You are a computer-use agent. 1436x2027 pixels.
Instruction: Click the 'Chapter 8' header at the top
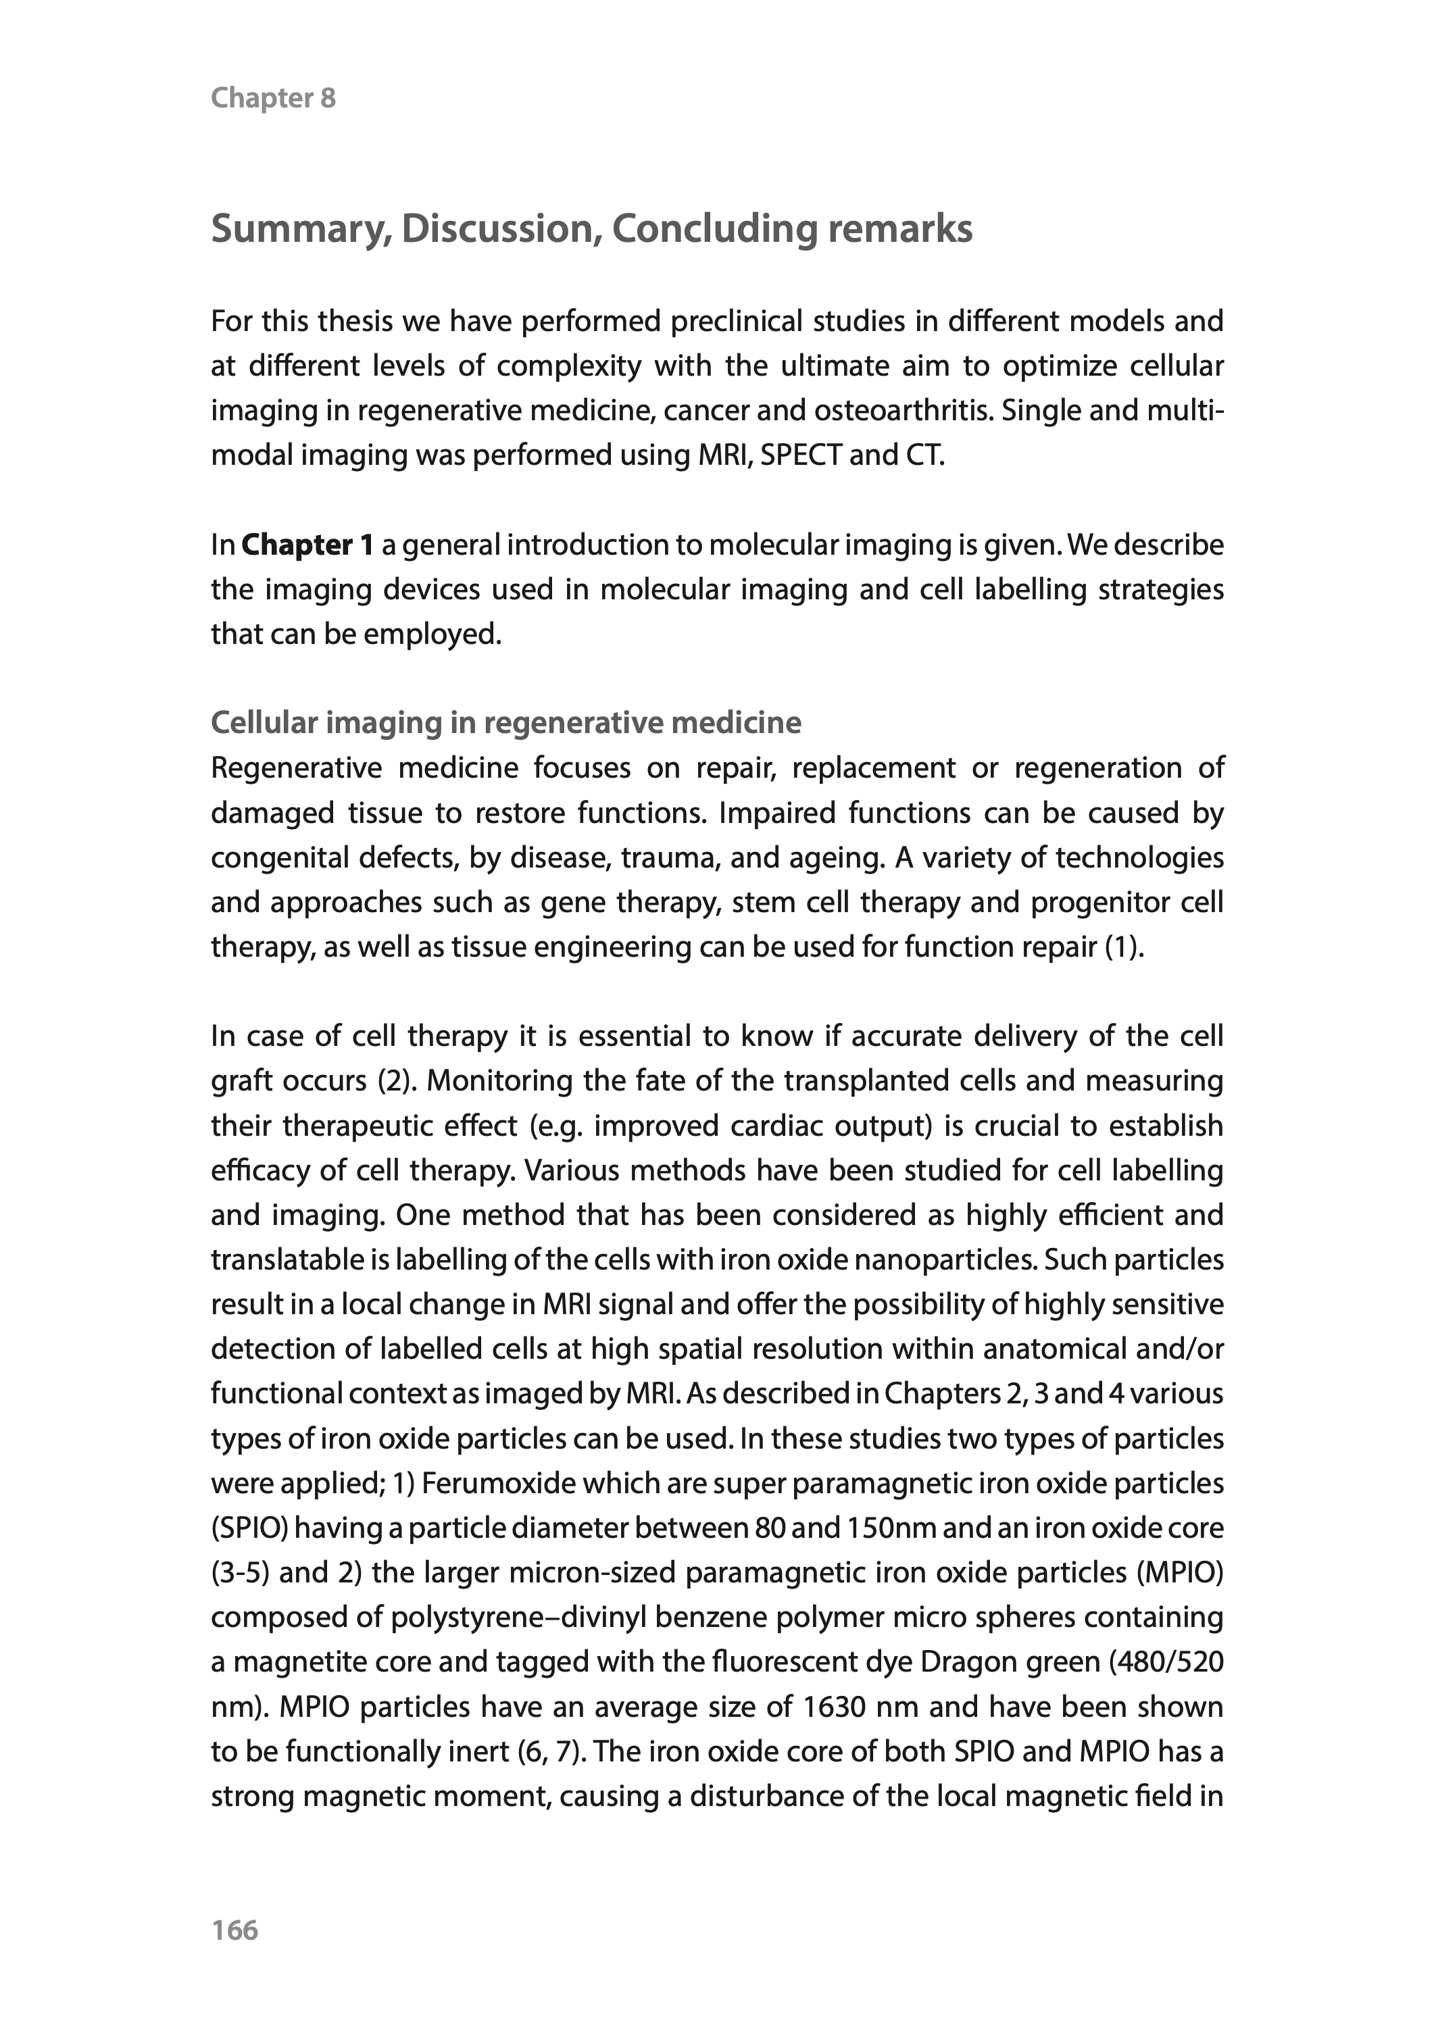pos(273,98)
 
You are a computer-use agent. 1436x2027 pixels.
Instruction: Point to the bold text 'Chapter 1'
pos(307,545)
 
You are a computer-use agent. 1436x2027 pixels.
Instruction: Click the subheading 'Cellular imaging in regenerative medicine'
pos(505,723)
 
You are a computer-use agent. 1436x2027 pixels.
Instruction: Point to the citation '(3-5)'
pos(241,1573)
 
